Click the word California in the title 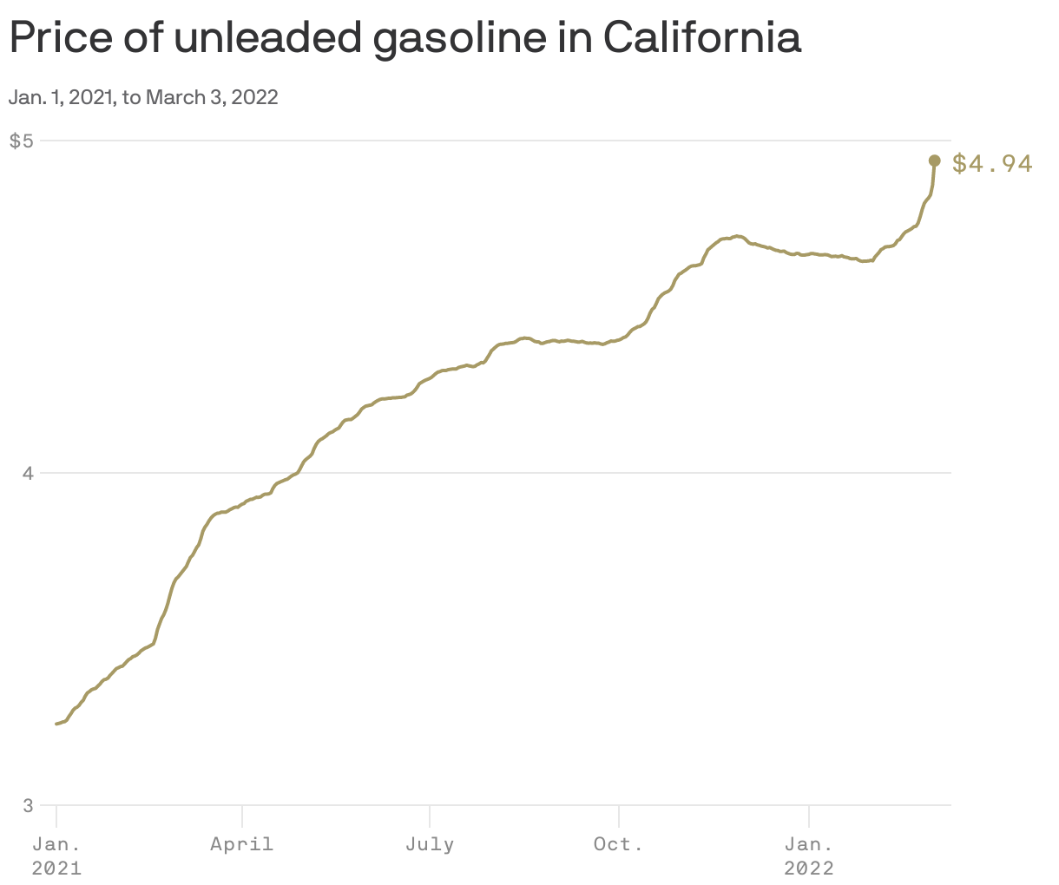tap(701, 37)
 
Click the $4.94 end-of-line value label tap(992, 163)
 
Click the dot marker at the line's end tap(935, 161)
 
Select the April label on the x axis tap(242, 844)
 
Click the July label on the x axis tap(430, 844)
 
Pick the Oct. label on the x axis tap(618, 844)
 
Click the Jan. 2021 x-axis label tap(56, 855)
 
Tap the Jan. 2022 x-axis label tap(809, 855)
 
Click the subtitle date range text tap(143, 97)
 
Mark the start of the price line tap(57, 724)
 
